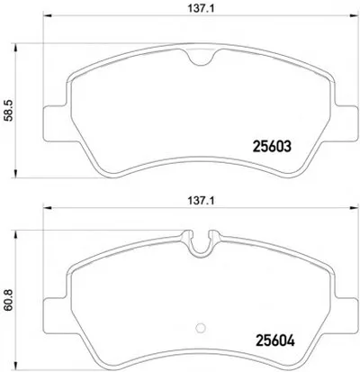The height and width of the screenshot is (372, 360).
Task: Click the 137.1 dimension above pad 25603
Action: coord(202,9)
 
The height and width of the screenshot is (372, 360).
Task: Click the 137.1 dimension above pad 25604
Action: coord(202,201)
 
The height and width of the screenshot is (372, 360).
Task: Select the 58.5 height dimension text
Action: coord(9,111)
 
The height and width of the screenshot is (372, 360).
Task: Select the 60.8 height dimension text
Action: coord(9,300)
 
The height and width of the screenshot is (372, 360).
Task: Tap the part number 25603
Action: coord(272,147)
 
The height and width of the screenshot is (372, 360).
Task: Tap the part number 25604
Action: coord(274,340)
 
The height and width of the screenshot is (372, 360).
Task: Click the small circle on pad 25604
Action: coord(200,328)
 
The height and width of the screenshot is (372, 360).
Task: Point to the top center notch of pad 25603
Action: coord(202,57)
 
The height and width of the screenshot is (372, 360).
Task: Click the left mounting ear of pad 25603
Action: coord(55,122)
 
